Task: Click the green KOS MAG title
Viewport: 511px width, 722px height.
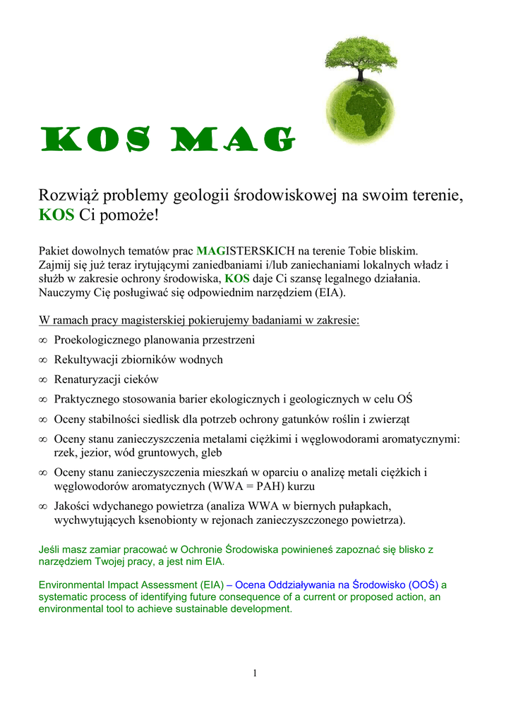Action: tap(165, 140)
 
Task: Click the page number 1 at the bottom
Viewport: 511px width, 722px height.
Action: tap(255, 673)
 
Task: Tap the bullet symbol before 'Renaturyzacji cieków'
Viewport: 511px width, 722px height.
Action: tap(42, 380)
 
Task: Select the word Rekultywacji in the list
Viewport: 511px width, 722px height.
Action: tap(85, 360)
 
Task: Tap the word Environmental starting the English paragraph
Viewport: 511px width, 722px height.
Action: tap(73, 585)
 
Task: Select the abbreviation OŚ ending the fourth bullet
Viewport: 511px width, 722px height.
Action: tap(405, 399)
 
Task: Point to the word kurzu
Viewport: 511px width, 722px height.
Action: tap(300, 487)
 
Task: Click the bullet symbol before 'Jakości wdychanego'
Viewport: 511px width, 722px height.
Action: tap(42, 507)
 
